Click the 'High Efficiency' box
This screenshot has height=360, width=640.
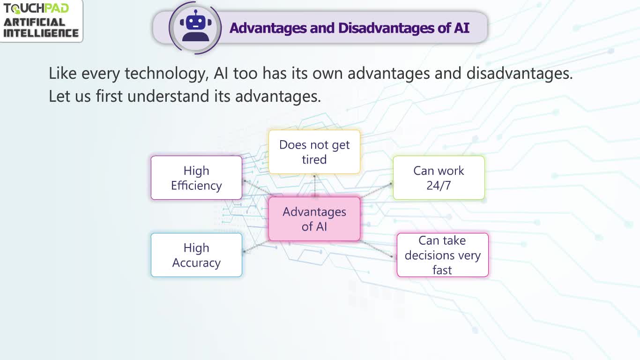(x=197, y=178)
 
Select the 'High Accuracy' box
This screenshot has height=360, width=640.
(x=197, y=255)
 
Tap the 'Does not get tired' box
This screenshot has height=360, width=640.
(x=314, y=152)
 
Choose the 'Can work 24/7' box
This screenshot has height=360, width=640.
(x=439, y=178)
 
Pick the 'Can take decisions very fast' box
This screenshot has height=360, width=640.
(x=443, y=255)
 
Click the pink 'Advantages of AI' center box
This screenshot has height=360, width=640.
(x=314, y=219)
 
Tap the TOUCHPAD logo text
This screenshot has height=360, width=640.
(x=36, y=8)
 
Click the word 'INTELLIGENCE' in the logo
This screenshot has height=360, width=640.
(x=41, y=33)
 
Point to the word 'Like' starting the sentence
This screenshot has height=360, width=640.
(x=63, y=73)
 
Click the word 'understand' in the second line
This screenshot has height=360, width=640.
(x=168, y=96)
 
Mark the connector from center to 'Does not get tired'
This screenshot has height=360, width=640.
(x=314, y=186)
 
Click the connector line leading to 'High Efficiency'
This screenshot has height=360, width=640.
(x=257, y=187)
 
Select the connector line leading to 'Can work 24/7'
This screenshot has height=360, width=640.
(x=376, y=190)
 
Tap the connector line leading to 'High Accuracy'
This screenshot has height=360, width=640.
(x=256, y=247)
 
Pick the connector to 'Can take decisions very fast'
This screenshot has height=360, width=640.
(x=376, y=249)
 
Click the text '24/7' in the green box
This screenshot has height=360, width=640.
(x=439, y=186)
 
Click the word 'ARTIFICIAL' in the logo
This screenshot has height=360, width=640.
(x=34, y=22)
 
